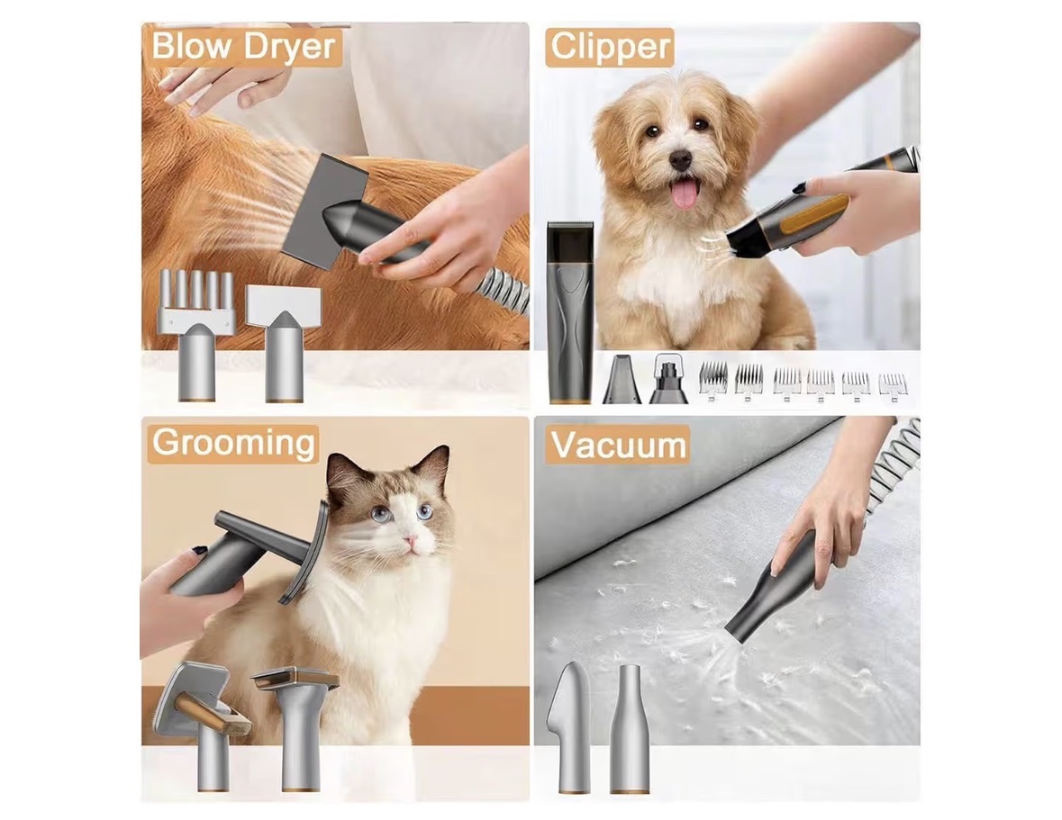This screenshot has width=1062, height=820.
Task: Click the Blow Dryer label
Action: click(243, 46)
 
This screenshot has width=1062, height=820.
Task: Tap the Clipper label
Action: click(610, 47)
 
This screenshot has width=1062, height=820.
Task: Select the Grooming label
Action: click(233, 443)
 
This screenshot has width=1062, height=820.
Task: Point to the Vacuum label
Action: click(618, 446)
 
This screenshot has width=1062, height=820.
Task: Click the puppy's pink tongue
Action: click(685, 193)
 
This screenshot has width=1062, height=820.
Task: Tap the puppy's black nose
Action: click(680, 159)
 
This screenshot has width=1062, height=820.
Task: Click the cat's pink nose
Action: click(408, 541)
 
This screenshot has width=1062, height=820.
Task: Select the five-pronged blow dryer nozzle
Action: click(197, 336)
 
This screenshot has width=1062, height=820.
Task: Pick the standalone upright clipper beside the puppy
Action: click(570, 312)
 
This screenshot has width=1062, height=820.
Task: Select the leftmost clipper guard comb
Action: click(713, 380)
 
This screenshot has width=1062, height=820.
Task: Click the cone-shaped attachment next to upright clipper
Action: click(622, 380)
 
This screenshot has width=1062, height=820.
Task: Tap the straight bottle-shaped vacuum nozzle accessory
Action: click(630, 728)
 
